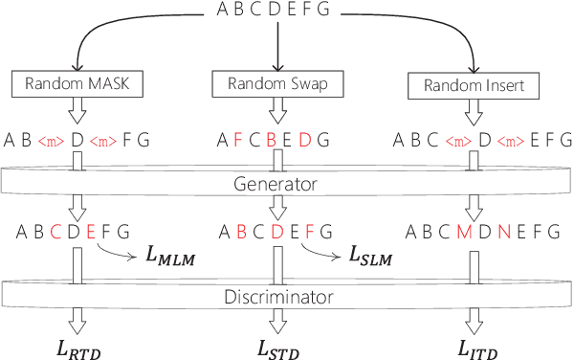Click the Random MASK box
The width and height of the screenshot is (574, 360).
click(x=77, y=84)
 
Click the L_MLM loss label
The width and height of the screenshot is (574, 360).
click(x=171, y=256)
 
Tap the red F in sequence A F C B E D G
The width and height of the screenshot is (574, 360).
click(x=236, y=141)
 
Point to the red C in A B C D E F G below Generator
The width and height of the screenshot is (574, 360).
click(x=55, y=231)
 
